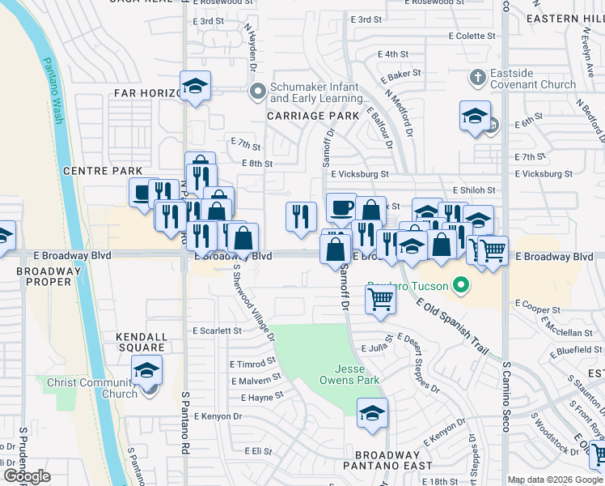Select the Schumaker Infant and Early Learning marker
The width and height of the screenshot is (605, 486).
258,91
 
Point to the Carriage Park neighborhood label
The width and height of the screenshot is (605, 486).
313,116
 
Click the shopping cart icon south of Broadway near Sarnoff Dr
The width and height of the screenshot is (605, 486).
380,299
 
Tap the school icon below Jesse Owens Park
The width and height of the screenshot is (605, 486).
371,413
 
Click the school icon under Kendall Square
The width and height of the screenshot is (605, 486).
146,370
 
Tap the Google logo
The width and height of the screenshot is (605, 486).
27,476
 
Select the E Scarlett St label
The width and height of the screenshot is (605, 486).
217,330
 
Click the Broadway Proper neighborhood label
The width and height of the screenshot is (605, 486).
38,275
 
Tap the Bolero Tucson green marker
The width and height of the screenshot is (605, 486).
460,285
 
